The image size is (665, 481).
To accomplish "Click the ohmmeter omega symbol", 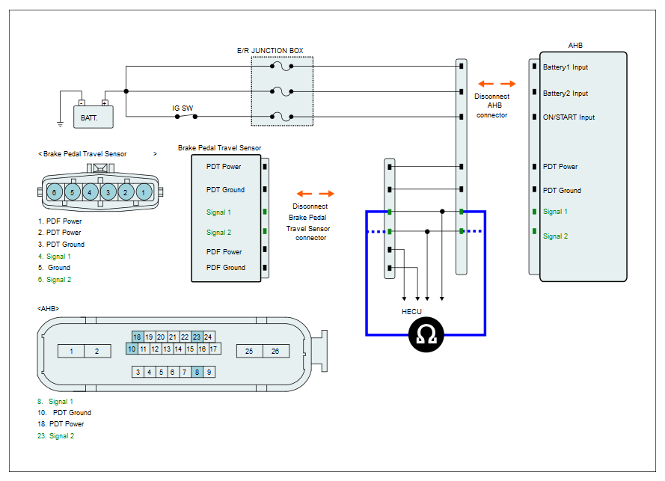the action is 426,334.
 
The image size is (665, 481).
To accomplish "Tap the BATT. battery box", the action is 94,117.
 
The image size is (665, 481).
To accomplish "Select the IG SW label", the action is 183,108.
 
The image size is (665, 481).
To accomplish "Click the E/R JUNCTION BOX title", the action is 270,50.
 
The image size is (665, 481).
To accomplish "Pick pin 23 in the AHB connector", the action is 197,337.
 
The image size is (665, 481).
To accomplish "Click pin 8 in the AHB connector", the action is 197,372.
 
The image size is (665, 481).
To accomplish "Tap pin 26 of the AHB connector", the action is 275,351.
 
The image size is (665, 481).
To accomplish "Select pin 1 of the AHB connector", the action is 71,351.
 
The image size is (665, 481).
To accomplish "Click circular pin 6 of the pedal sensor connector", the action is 55,192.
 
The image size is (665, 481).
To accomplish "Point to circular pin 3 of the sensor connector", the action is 108,192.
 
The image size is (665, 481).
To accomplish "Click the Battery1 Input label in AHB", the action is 566,67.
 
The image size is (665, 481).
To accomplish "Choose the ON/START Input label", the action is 569,117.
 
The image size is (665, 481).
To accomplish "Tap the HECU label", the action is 411,312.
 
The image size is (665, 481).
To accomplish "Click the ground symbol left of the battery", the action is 61,124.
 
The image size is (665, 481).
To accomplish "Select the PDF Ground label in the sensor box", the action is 226,268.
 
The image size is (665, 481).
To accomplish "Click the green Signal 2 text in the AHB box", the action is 555,236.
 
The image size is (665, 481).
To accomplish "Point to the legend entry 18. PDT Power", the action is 61,423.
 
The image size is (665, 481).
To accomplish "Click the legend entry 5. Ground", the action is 55,268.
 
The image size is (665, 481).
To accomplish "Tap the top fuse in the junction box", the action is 281,67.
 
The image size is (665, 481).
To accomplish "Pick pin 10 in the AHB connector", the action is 132,349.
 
